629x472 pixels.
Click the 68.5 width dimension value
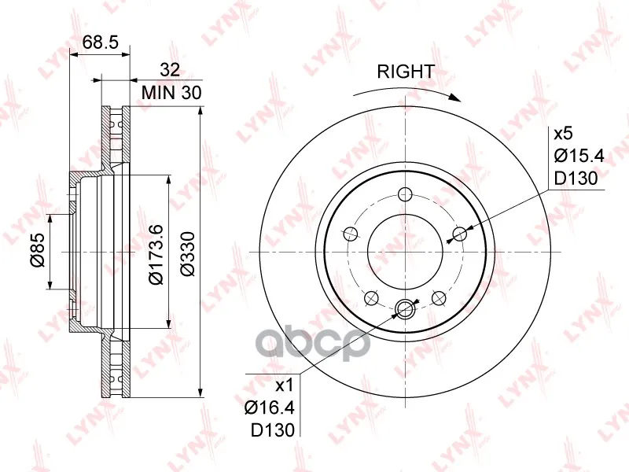click(x=101, y=42)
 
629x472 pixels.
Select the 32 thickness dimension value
click(x=170, y=70)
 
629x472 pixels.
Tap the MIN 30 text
click(x=171, y=93)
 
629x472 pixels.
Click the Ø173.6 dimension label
click(x=156, y=255)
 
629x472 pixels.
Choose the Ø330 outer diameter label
click(x=187, y=253)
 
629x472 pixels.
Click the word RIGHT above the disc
click(x=406, y=72)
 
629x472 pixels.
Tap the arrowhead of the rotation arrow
click(x=454, y=98)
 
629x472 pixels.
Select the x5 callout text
click(x=562, y=134)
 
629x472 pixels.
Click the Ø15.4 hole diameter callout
click(x=579, y=156)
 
